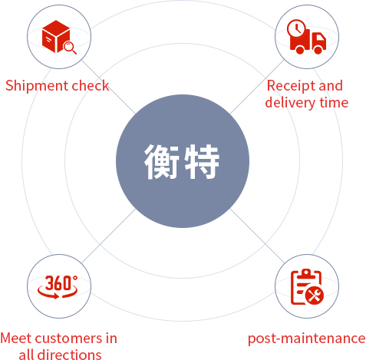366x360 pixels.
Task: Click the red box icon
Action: tap(56, 36)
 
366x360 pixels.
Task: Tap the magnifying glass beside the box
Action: tap(70, 48)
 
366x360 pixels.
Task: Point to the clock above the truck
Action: tap(296, 28)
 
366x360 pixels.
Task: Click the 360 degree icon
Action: tap(58, 287)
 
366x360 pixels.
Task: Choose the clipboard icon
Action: tap(306, 287)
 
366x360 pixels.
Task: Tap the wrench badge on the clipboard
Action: tap(315, 296)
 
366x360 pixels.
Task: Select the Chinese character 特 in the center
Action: tap(202, 161)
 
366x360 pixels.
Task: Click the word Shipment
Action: tap(37, 86)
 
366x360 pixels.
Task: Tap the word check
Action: tap(91, 85)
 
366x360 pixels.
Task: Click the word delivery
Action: tap(290, 103)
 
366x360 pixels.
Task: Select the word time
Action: tap(334, 102)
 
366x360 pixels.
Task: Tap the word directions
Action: tap(69, 355)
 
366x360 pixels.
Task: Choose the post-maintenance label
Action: tap(307, 339)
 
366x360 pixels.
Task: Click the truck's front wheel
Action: tap(318, 50)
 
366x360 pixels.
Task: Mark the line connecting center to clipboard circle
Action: tap(257, 236)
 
